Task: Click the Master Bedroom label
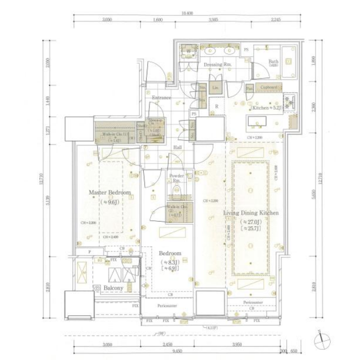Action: point(109,193)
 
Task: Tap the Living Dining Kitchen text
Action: point(251,213)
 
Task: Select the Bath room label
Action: point(273,62)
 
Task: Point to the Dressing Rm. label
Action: point(214,64)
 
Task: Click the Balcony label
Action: point(113,289)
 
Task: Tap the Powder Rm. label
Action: point(176,178)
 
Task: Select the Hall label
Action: point(178,147)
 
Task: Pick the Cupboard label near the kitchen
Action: point(268,87)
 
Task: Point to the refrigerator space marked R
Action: point(217,106)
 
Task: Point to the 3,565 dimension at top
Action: point(212,20)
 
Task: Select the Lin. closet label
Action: point(215,87)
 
